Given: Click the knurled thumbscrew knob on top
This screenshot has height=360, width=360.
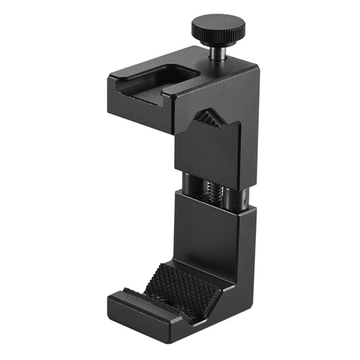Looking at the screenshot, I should [x=218, y=27].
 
